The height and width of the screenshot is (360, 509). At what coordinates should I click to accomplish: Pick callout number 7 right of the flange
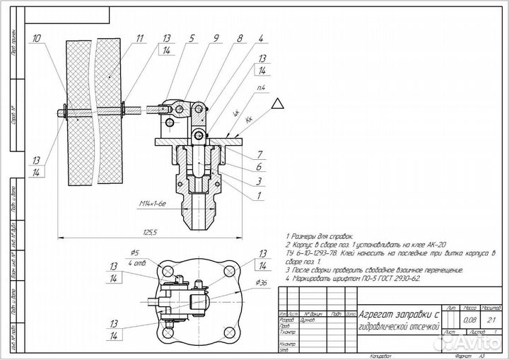click(260, 153)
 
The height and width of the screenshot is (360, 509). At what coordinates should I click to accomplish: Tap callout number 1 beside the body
click(260, 194)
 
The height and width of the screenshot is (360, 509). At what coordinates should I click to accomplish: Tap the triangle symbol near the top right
click(279, 103)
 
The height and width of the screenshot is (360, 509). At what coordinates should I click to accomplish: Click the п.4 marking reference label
click(261, 87)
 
